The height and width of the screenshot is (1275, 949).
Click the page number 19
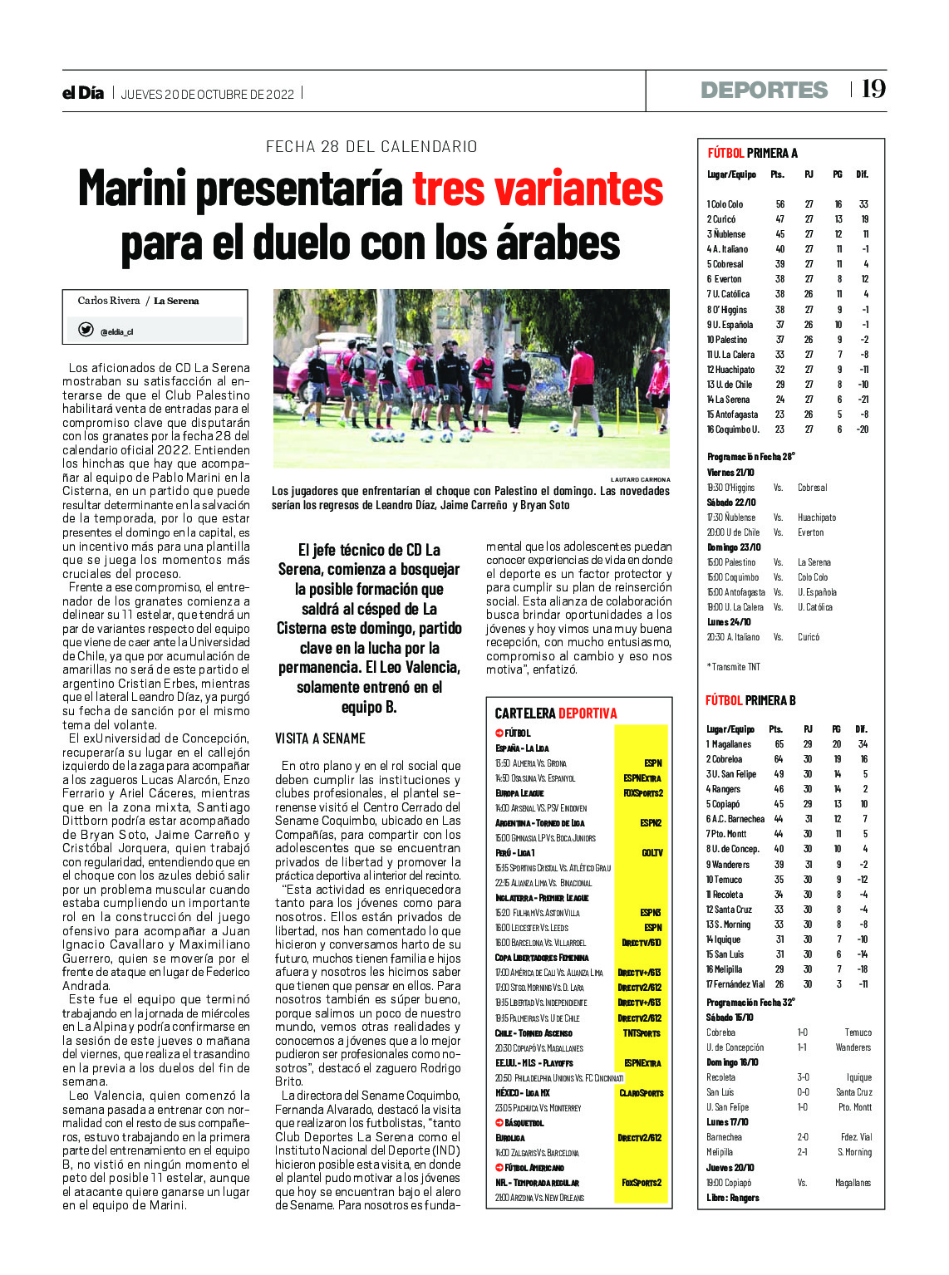pos(873,89)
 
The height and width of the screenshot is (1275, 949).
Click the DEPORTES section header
pos(764,90)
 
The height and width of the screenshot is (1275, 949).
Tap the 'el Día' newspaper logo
pos(83,93)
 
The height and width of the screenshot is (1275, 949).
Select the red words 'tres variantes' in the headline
pos(538,189)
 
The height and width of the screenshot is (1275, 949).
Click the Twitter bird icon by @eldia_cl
pos(86,330)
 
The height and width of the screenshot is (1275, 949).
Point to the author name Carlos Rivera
pos(109,301)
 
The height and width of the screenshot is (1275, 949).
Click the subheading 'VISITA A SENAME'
pos(320,738)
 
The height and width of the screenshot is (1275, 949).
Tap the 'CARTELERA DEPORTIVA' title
pos(556,714)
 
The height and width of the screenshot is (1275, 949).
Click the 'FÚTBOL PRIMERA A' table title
pos(752,153)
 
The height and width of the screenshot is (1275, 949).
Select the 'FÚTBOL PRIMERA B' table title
pos(750,700)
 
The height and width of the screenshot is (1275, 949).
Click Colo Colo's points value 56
pos(779,204)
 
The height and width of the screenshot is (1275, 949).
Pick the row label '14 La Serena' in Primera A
pos(728,400)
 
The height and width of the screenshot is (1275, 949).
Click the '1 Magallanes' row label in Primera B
pos(728,744)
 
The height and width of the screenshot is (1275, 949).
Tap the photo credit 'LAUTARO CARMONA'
pos(640,479)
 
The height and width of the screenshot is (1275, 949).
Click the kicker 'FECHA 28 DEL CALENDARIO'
pos(371,147)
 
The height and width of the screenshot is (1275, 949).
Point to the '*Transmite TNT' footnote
pos(733,667)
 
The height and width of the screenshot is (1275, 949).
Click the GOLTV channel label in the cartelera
pos(652,853)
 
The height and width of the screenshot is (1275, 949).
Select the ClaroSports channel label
pos(642,1093)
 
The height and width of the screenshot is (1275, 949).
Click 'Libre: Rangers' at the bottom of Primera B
pos(732,1198)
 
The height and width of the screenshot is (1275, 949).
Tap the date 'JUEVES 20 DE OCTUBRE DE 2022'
pos(208,94)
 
